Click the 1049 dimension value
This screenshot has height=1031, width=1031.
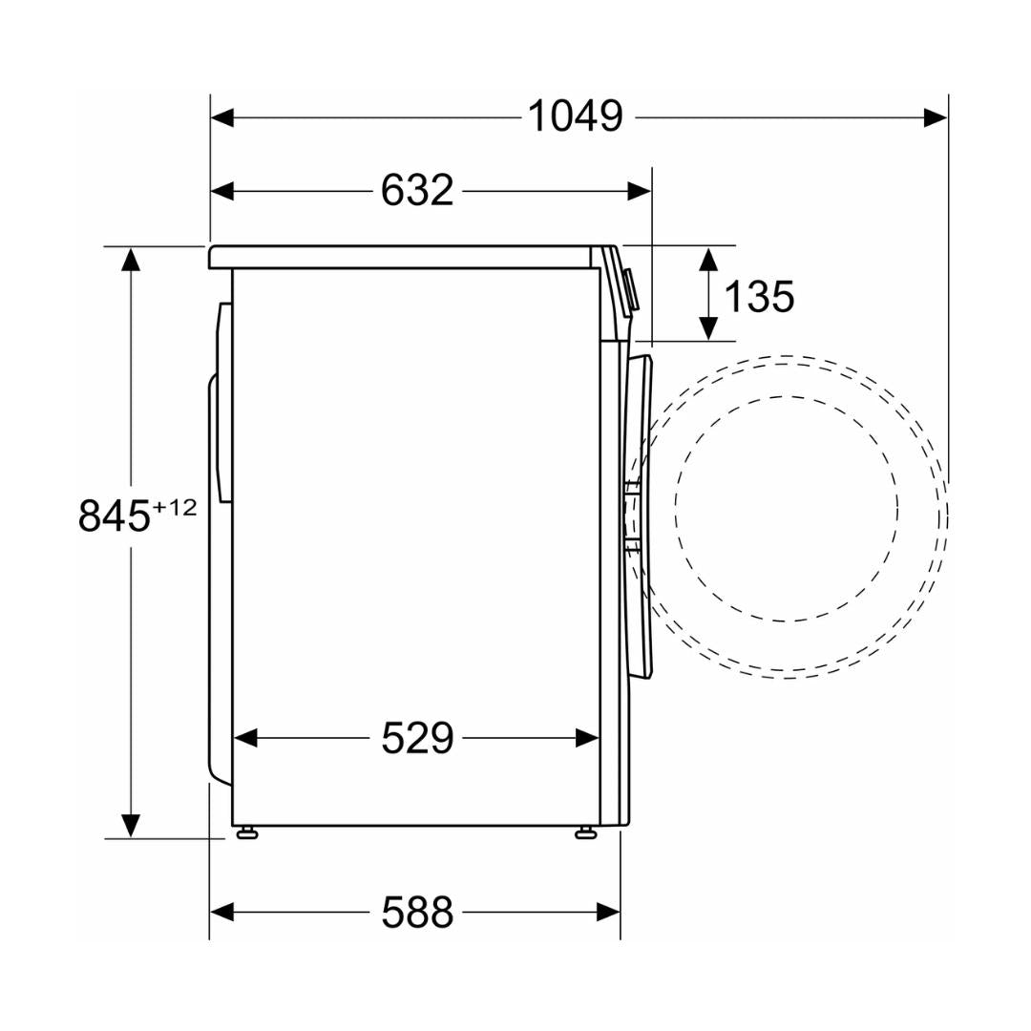pos(576,117)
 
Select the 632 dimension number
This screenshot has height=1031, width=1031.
pos(417,191)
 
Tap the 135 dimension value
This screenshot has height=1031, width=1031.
pos(759,296)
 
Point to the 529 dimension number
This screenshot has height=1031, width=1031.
pos(417,738)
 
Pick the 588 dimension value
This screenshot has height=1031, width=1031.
pos(417,912)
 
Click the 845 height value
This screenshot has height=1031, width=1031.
pos(115,515)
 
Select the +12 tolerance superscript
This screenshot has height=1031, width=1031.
pos(175,507)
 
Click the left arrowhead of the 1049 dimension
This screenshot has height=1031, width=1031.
pos(222,118)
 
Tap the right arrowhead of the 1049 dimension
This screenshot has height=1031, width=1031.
pos(936,118)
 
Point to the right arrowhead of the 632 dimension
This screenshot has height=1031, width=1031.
pos(639,191)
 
